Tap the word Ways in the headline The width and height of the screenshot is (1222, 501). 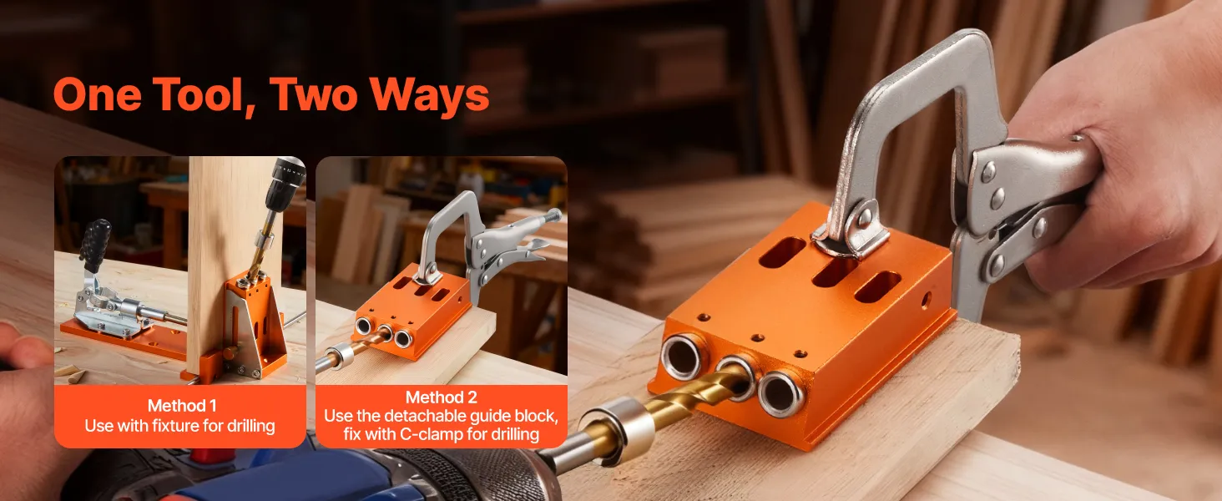429,94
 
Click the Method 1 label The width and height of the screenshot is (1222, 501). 182,406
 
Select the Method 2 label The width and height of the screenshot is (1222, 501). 442,397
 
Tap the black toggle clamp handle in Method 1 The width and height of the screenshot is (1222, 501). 95,245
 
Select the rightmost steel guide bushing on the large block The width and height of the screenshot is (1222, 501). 781,393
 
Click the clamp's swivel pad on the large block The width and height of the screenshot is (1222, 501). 851,235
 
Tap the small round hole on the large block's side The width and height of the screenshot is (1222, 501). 927,299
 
